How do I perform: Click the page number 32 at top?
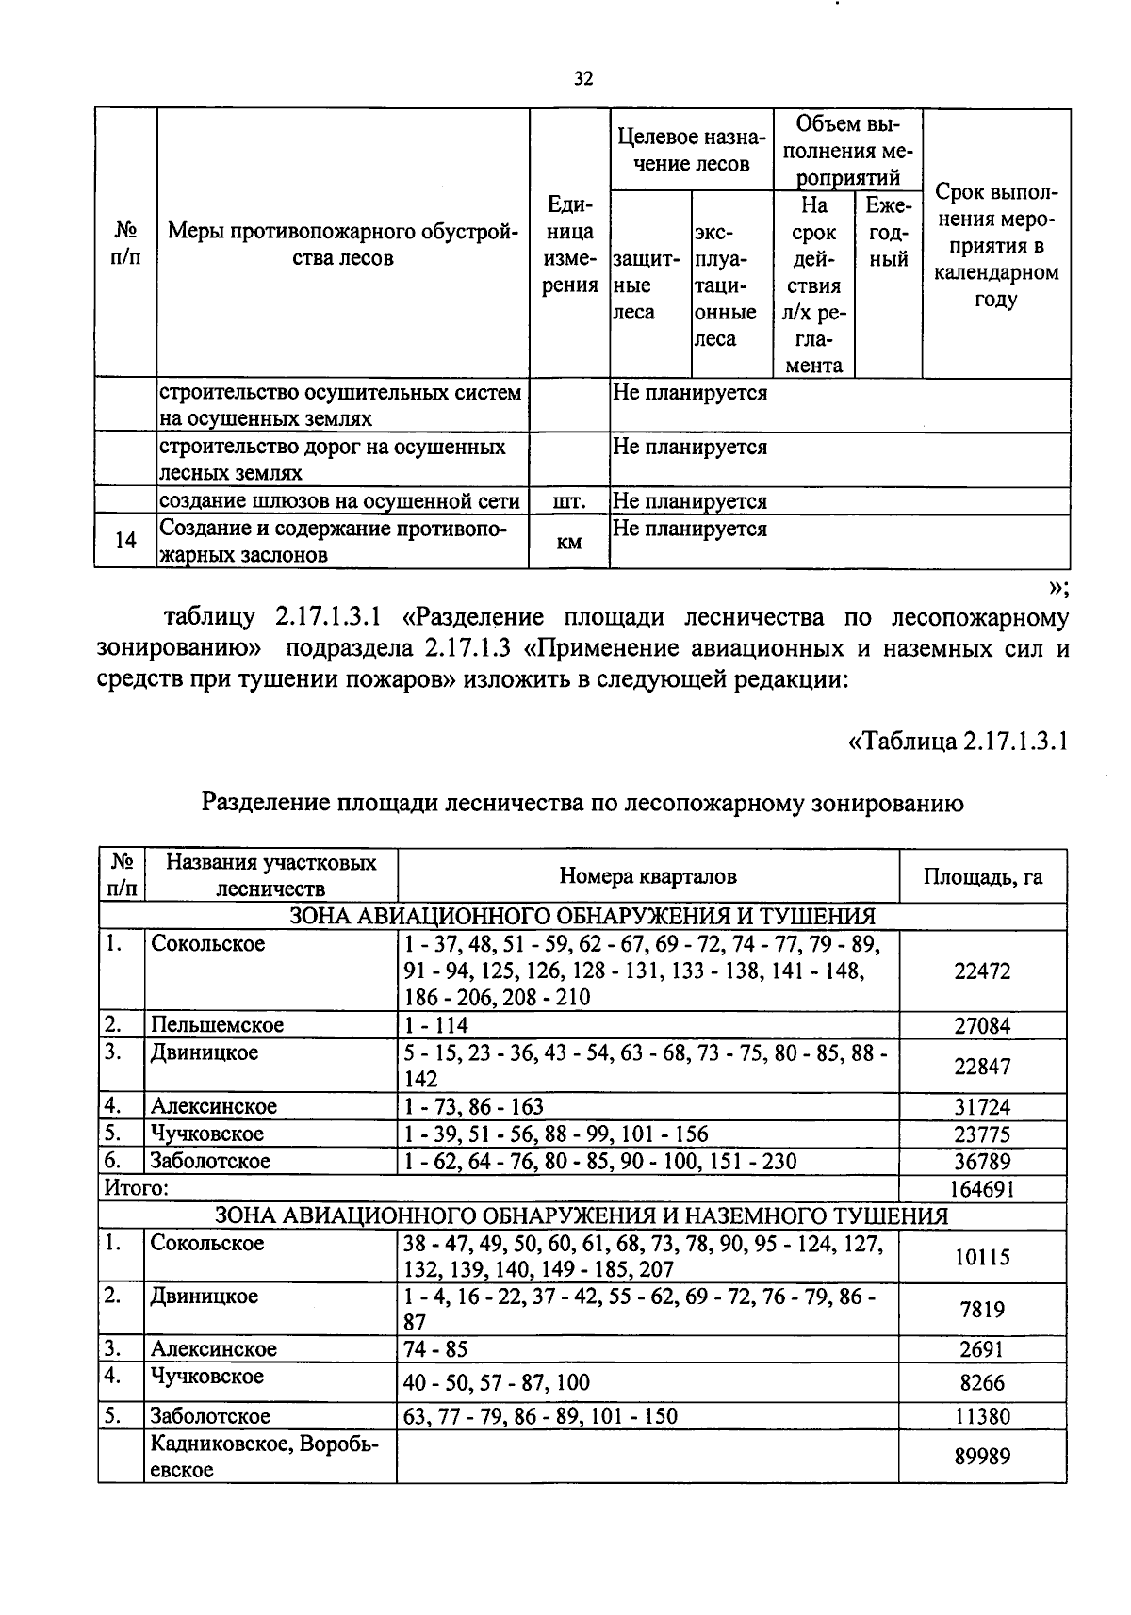coord(583,79)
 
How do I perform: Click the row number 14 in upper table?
coord(124,540)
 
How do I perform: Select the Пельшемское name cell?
coord(217,1025)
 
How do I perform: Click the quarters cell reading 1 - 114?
coord(435,1025)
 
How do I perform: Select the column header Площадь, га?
coord(982,876)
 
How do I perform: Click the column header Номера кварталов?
coord(647,876)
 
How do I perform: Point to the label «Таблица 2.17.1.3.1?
coord(958,741)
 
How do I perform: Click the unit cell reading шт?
coord(568,500)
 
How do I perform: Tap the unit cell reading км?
coord(568,542)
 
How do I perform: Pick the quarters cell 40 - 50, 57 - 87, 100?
coord(496,1382)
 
